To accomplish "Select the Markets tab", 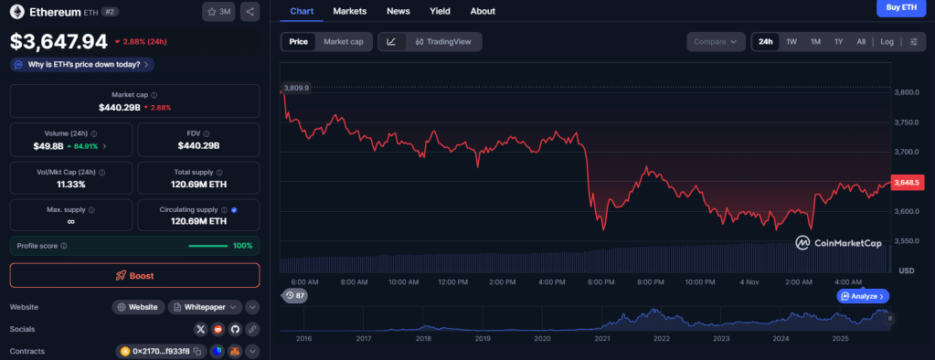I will pyautogui.click(x=350, y=11).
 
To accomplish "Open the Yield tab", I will pyautogui.click(x=440, y=11).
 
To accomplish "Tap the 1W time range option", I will pyautogui.click(x=792, y=42).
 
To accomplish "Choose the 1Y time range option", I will pyautogui.click(x=838, y=42).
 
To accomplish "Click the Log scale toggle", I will pyautogui.click(x=887, y=42).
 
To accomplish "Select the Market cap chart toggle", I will pyautogui.click(x=344, y=42).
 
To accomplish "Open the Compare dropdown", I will pyautogui.click(x=717, y=42).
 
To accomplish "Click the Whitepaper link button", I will pyautogui.click(x=206, y=307).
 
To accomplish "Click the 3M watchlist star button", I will pyautogui.click(x=218, y=12).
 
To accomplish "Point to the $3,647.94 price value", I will pyautogui.click(x=58, y=41).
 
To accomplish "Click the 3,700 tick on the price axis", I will pyautogui.click(x=907, y=152).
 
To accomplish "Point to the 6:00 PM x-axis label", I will pyautogui.click(x=600, y=282).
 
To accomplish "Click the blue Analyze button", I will pyautogui.click(x=863, y=296).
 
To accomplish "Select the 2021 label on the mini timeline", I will pyautogui.click(x=601, y=338).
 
